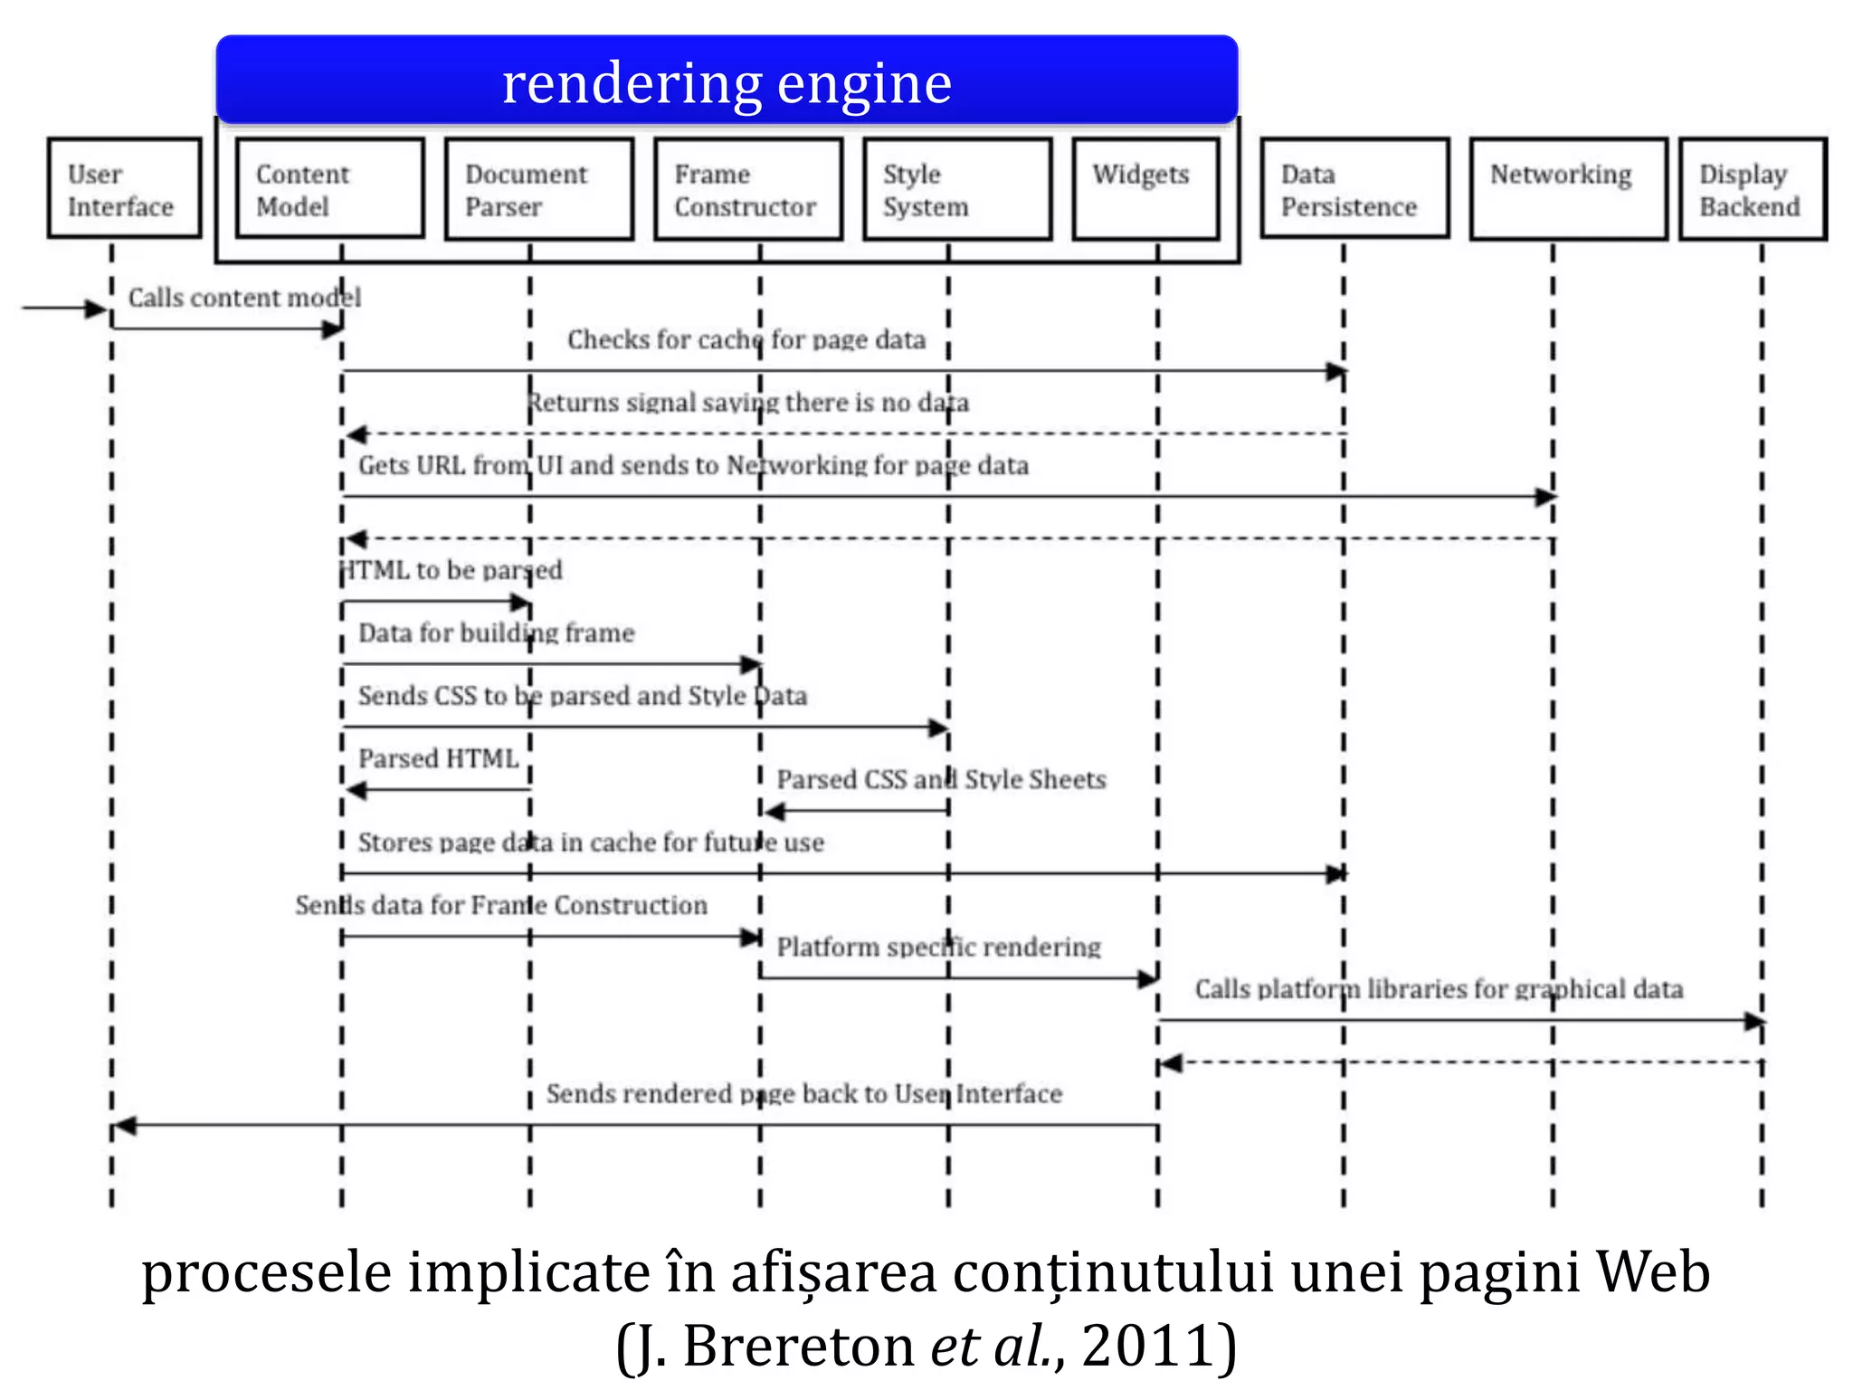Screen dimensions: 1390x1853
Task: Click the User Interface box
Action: pos(124,188)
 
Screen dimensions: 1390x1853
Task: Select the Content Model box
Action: pos(329,188)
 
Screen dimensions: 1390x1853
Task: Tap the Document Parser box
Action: pos(539,188)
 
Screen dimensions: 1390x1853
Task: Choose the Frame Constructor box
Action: pos(748,188)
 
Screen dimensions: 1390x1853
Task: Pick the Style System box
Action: pos(957,188)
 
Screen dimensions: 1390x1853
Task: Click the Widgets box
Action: pos(1145,188)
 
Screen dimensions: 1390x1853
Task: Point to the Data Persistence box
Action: pos(1354,188)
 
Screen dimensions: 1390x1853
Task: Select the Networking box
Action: pos(1568,188)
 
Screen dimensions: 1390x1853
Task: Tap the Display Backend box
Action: pos(1753,188)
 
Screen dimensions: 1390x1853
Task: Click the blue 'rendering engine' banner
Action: pos(727,81)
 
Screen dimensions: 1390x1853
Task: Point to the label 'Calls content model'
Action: pos(244,298)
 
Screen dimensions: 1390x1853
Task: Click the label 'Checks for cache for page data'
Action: pos(746,339)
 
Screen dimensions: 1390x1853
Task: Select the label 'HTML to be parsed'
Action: pos(451,570)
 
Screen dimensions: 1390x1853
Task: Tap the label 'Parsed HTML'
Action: pos(438,758)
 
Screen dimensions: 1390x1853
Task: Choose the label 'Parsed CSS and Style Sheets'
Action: pos(941,779)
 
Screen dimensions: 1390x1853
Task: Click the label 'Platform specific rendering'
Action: pos(938,947)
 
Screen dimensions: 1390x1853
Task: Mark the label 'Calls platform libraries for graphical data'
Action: pos(1439,988)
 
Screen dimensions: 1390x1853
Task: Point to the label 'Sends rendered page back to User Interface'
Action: pos(803,1093)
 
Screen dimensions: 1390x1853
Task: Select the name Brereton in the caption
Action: pos(800,1346)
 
